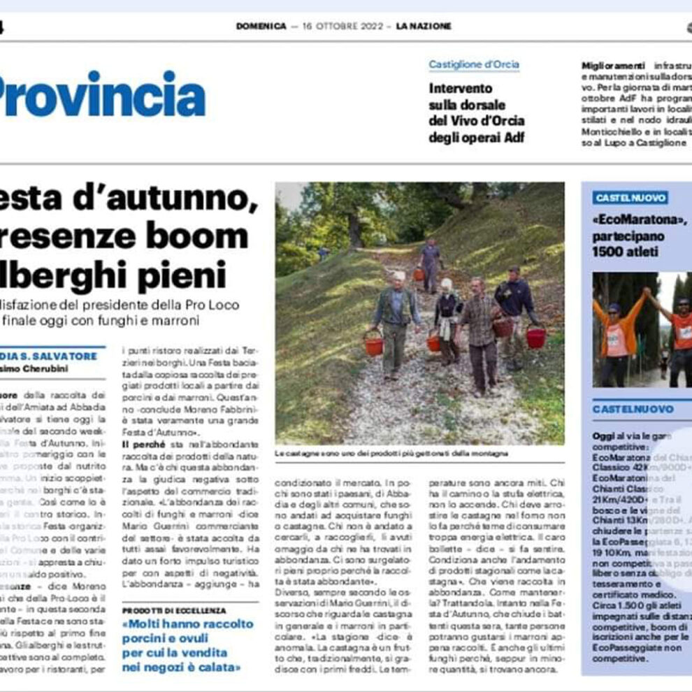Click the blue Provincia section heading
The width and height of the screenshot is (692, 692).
click(101, 96)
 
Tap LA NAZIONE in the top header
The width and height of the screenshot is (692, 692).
click(424, 27)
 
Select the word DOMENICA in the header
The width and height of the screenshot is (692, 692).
click(261, 27)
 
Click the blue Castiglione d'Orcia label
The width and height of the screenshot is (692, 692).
click(474, 65)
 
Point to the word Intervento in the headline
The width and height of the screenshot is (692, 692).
click(461, 89)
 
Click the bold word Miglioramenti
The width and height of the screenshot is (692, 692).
click(604, 65)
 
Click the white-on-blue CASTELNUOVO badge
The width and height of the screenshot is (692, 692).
click(630, 198)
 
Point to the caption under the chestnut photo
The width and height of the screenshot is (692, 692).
click(391, 454)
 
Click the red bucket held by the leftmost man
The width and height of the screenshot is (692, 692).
click(373, 345)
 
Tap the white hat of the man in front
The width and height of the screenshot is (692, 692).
click(398, 275)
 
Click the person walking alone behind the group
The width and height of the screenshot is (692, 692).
click(431, 263)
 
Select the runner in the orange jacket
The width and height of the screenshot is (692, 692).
click(617, 336)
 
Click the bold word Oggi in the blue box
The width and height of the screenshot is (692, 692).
click(603, 435)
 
